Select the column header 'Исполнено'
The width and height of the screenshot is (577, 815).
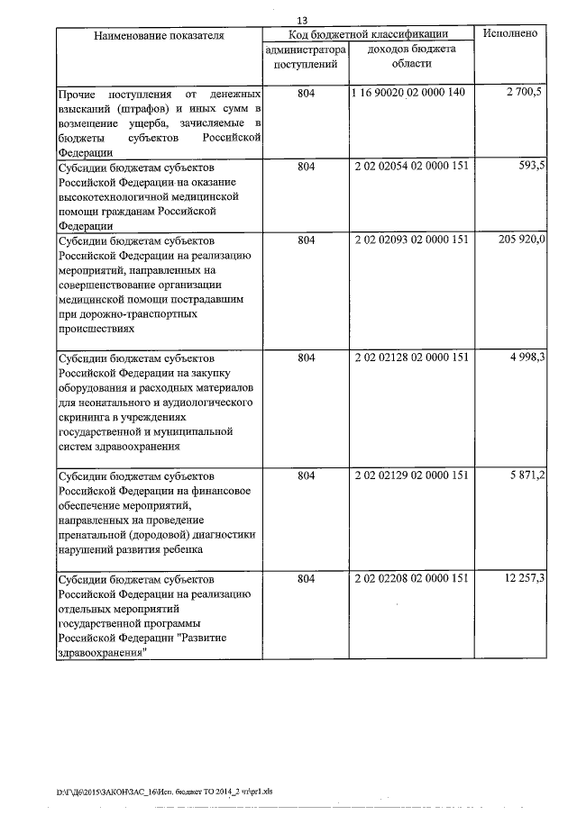(510, 33)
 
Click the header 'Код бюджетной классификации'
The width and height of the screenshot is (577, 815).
(369, 33)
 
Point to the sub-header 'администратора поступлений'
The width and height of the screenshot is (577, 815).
(305, 57)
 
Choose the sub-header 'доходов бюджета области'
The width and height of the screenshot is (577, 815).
(411, 57)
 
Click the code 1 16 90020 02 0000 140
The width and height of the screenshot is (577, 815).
(410, 94)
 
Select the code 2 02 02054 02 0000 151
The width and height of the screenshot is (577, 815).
(411, 167)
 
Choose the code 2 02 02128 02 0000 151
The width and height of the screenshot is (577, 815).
(411, 358)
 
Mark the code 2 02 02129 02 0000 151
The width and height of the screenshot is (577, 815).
(411, 475)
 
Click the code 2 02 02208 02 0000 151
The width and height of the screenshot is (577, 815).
(411, 578)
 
